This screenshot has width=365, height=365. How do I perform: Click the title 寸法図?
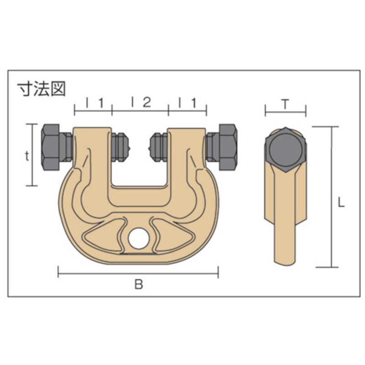point(42,89)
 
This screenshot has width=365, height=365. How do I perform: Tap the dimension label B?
point(139,284)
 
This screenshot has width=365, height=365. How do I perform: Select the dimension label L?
point(341,203)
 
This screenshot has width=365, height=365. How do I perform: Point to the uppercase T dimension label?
point(285,104)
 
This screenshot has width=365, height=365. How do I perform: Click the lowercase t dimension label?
point(27,156)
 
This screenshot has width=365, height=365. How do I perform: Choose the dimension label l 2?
point(141,102)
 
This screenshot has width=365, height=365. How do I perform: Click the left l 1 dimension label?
point(95,103)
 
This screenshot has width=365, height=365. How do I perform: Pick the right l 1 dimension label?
point(188,103)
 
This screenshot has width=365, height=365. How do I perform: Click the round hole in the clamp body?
point(139,238)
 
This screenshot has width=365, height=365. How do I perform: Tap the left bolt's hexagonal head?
point(51,147)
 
